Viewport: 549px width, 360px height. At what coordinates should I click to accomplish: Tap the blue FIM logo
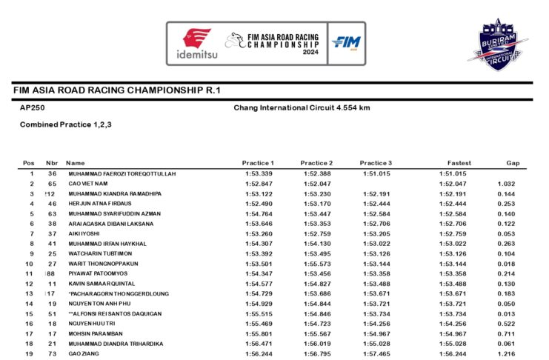coord(345,44)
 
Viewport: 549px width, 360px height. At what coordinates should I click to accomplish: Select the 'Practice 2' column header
coord(316,163)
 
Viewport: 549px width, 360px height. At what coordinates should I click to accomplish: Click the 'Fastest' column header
coord(459,163)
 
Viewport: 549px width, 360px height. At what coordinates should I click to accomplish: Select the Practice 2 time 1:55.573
coord(318,263)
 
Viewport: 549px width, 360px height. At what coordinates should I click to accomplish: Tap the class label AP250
coord(32,107)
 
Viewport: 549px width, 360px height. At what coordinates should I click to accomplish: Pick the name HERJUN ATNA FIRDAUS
coord(101,203)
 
